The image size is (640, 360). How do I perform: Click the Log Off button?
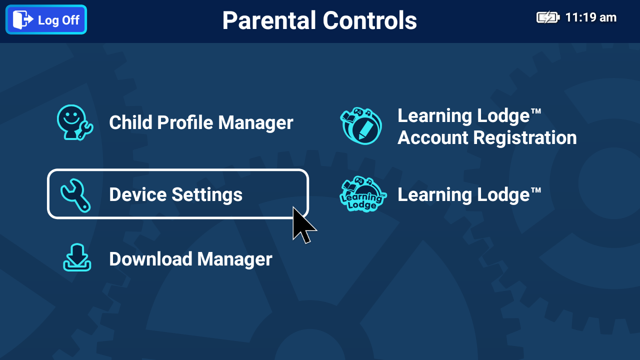pos(46,19)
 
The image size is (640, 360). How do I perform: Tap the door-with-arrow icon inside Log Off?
pos(23,19)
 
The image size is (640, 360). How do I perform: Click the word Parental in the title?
pos(269,20)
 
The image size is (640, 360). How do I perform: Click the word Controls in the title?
pos(369,20)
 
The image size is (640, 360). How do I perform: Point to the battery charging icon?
pos(548,17)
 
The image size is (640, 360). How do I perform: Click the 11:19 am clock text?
pos(591,17)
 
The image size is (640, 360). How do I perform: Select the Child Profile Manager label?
pos(201,122)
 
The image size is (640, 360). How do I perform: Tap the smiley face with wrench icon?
pos(75,122)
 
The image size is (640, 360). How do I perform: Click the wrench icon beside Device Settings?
pos(75,195)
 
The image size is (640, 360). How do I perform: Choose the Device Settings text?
pos(175,194)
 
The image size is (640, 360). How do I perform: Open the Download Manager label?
pos(190,259)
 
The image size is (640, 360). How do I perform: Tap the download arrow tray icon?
pos(77,257)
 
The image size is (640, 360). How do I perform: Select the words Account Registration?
pos(487,137)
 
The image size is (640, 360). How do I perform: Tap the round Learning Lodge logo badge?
pos(363,194)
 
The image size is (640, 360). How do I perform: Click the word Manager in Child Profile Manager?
pos(255,122)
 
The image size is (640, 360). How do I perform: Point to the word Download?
pos(150,259)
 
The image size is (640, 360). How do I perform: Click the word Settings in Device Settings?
pos(207,194)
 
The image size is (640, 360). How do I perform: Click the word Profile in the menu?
pos(185,122)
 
